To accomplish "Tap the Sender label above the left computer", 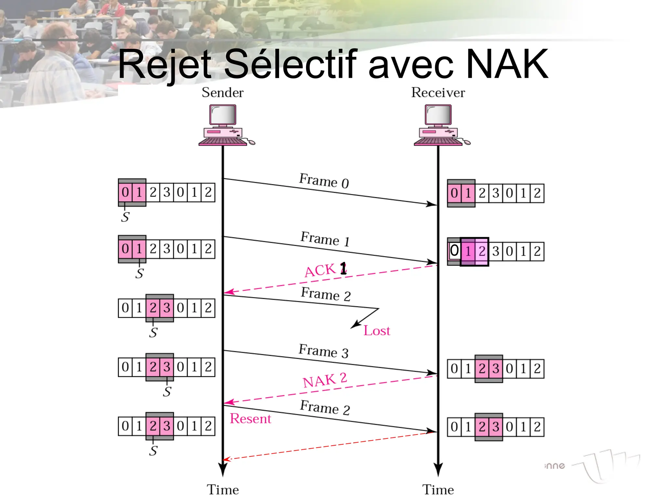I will coord(222,92).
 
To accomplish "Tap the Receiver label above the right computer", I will coord(438,92).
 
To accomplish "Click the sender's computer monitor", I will coord(223,115).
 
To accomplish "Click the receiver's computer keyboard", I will coord(438,142).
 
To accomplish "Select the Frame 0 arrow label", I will coord(324,181).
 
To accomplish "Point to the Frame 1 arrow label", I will coord(325,239).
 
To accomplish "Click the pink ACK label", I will coord(321,270).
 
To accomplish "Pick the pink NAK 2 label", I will coord(325,380).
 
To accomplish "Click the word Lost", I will coord(377,331).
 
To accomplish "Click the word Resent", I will coord(250,419).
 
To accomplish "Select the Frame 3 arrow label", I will coord(324,351).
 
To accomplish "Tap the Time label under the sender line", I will coord(223,490).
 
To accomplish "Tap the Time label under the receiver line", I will coord(438,490).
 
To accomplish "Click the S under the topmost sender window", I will coord(125,217).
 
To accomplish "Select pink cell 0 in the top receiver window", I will coord(454,193).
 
